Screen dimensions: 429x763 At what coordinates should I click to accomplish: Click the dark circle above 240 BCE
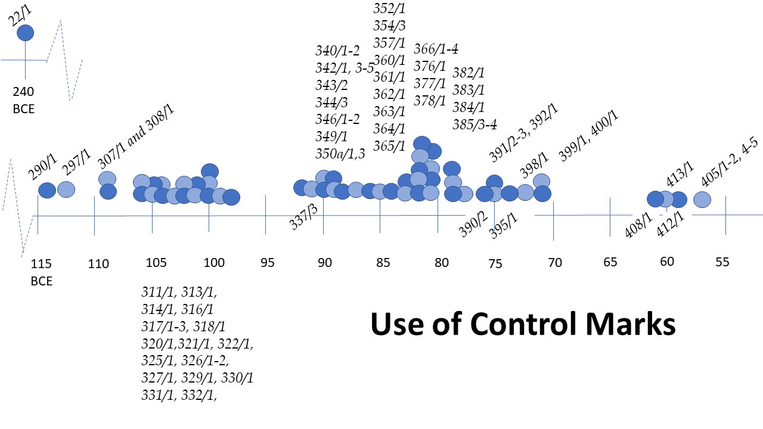click(25, 33)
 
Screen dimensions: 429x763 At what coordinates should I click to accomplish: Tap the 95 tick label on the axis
click(268, 262)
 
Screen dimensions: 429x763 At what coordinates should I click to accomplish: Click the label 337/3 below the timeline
click(303, 216)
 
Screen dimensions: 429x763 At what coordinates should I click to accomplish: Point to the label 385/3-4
click(474, 125)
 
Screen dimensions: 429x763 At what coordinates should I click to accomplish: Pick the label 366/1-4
click(436, 49)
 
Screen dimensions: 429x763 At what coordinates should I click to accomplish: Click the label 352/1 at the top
click(389, 8)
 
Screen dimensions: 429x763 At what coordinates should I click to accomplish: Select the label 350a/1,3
click(340, 154)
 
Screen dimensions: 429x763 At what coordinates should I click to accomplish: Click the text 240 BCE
click(25, 100)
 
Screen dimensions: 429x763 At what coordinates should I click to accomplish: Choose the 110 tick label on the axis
click(98, 263)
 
